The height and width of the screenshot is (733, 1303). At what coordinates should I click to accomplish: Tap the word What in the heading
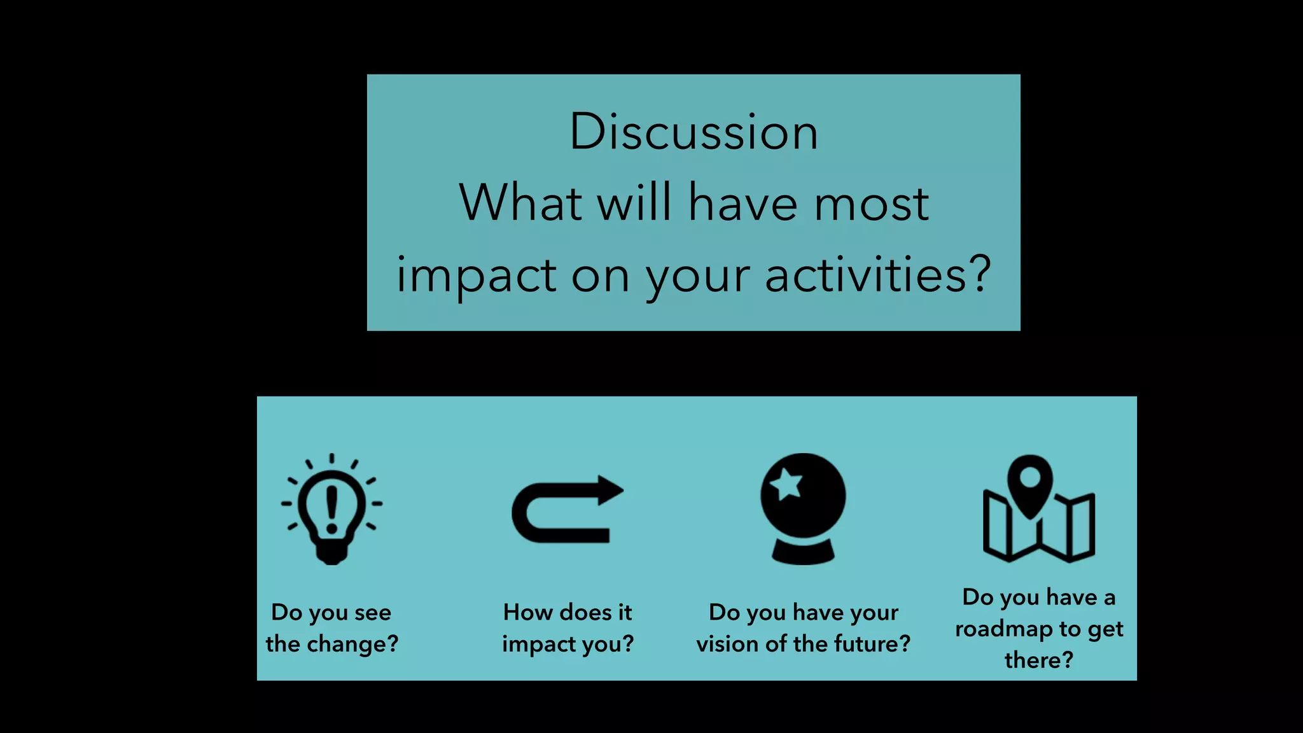[520, 203]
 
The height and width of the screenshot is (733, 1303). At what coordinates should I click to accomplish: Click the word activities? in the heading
[878, 275]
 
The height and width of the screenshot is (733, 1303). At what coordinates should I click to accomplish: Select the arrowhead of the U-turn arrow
[610, 491]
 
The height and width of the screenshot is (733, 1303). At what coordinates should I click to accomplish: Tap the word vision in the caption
[727, 644]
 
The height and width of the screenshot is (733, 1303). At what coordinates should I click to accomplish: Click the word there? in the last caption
[1038, 660]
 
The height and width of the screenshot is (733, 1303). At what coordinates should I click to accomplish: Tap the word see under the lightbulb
[373, 613]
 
